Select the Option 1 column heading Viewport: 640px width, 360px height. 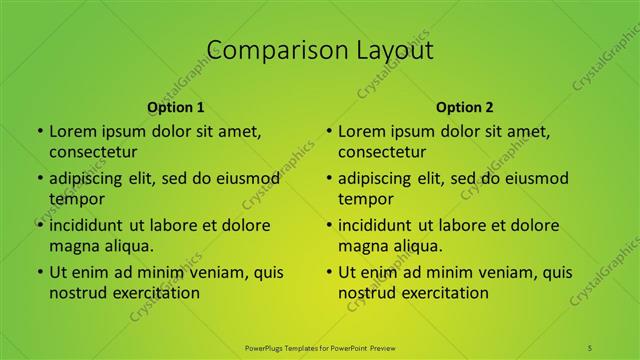pos(175,107)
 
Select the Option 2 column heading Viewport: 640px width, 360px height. pos(464,107)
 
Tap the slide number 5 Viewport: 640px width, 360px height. pos(591,347)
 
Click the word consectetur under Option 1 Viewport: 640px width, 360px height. pos(93,152)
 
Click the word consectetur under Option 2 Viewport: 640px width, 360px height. pos(382,152)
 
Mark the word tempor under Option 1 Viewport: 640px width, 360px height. pos(77,199)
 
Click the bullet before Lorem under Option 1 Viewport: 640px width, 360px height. pos(39,131)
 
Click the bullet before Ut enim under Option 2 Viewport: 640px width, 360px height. pos(328,272)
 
